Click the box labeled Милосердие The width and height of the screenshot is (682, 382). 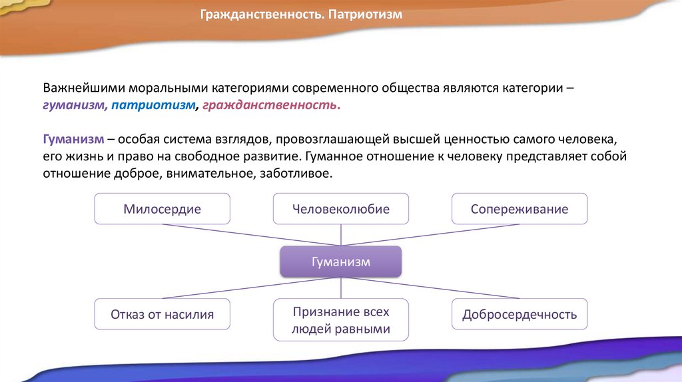click(162, 209)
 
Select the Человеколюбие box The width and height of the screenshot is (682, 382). click(340, 209)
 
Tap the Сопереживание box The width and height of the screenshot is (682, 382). click(519, 209)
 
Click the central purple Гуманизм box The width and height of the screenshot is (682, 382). click(340, 262)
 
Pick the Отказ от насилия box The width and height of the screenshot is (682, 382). click(162, 314)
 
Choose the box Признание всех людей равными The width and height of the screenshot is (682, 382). click(340, 320)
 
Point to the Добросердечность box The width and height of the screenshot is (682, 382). click(519, 314)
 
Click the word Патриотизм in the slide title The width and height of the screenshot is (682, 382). click(366, 13)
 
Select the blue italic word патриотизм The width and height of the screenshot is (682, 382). click(154, 105)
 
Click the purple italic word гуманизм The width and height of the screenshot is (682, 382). click(73, 105)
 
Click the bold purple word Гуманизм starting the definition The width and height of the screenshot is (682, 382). click(73, 139)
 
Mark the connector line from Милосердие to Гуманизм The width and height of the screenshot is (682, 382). click(253, 234)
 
